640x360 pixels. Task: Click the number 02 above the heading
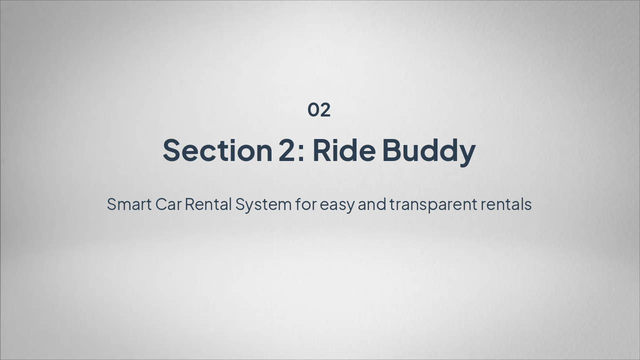coord(319,110)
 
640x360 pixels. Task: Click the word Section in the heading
coord(217,150)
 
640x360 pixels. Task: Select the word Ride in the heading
coord(344,150)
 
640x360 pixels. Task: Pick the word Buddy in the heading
coord(429,152)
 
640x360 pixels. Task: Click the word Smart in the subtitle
coord(129,204)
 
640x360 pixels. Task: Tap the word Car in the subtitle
coord(168,204)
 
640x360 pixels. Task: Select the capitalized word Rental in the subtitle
coord(208,204)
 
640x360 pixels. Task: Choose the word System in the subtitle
coord(263,205)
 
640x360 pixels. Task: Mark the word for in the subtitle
coord(306,204)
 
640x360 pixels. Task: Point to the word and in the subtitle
coord(372,204)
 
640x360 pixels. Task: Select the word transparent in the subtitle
coord(433,205)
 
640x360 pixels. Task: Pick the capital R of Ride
coord(322,150)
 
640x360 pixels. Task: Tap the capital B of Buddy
coord(392,150)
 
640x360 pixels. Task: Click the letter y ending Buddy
coord(465,155)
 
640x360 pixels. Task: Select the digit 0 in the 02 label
coord(313,110)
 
